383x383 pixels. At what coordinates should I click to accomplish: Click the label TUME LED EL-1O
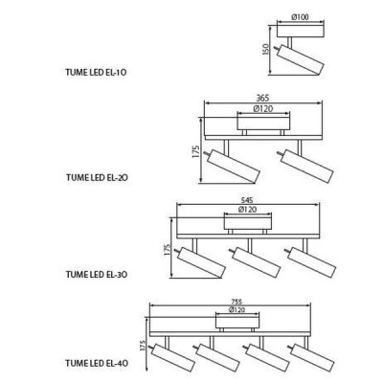96,73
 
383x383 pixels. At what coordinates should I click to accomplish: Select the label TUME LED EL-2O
97,177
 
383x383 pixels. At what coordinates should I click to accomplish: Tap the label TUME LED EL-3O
97,275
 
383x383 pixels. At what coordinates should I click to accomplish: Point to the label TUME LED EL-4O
97,363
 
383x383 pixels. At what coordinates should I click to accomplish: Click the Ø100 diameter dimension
301,17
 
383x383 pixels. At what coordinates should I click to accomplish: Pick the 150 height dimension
266,49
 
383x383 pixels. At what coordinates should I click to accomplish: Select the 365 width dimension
262,98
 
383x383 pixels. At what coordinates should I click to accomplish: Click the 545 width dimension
247,200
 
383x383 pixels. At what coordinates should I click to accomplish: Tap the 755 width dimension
237,302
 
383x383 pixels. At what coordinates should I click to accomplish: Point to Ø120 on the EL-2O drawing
263,109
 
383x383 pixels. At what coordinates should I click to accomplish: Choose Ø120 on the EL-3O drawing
247,210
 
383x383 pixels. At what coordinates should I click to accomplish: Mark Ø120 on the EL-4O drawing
237,309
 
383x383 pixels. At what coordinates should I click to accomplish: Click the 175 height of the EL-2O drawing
196,151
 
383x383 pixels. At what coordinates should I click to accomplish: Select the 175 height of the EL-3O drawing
168,250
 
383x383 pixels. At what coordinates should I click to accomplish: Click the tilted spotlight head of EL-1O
301,60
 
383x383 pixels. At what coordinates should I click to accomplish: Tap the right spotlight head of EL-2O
307,166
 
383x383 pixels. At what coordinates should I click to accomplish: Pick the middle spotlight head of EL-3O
257,262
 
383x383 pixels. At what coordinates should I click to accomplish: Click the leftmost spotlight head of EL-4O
173,357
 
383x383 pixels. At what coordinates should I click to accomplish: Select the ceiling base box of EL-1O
301,31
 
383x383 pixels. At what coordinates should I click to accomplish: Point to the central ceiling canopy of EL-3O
248,224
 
